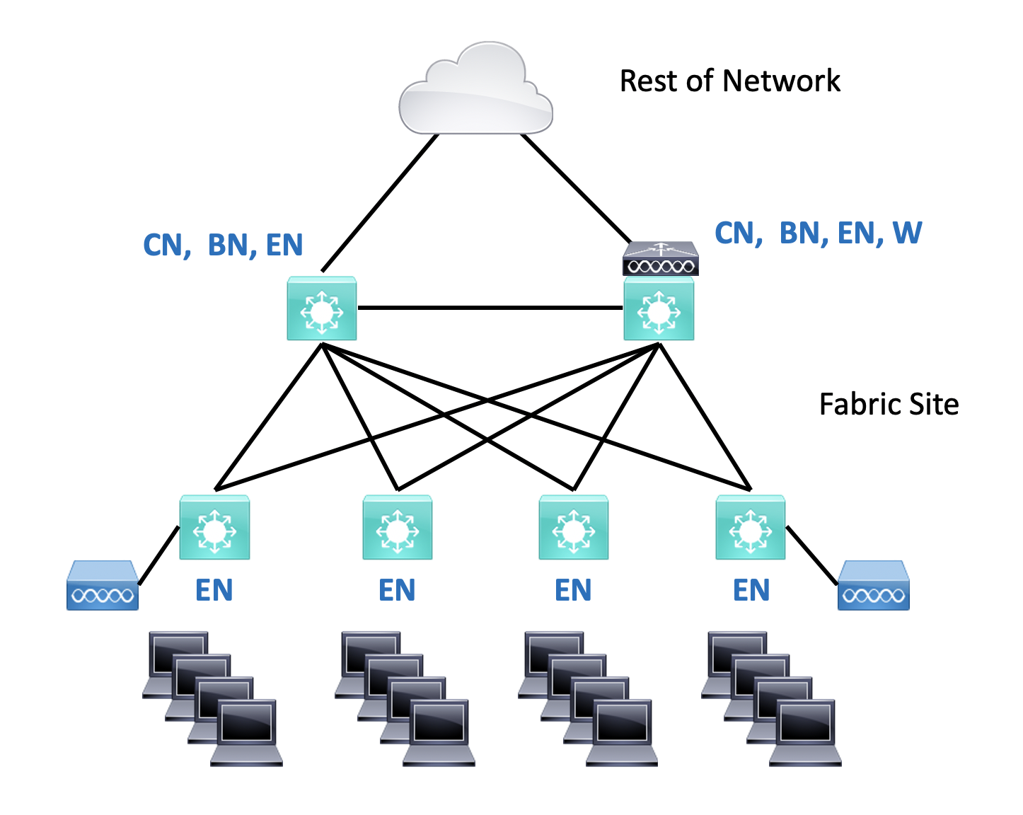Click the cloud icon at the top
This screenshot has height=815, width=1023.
click(x=475, y=91)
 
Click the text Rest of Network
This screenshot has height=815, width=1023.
click(x=729, y=81)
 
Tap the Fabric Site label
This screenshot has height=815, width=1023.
click(x=889, y=404)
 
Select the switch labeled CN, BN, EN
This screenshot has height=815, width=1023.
click(x=322, y=308)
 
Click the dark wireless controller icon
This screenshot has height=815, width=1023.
click(x=660, y=259)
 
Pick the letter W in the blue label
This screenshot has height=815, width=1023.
click(x=907, y=233)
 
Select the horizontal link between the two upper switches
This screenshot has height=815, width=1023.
click(x=490, y=308)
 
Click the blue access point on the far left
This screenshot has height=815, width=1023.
click(x=103, y=586)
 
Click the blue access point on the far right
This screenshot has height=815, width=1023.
click(x=873, y=586)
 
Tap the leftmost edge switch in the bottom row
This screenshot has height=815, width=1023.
click(x=214, y=528)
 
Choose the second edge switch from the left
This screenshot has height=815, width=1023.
click(x=398, y=528)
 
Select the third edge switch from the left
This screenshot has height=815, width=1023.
click(x=574, y=528)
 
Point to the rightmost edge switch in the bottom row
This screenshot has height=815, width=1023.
click(x=751, y=528)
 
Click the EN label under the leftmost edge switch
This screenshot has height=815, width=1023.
click(x=214, y=590)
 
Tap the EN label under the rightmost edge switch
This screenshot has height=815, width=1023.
click(x=751, y=590)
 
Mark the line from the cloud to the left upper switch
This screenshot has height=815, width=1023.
click(x=380, y=203)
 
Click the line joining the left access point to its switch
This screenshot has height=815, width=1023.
click(x=158, y=556)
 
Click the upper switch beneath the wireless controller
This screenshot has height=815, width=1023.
click(x=659, y=308)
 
